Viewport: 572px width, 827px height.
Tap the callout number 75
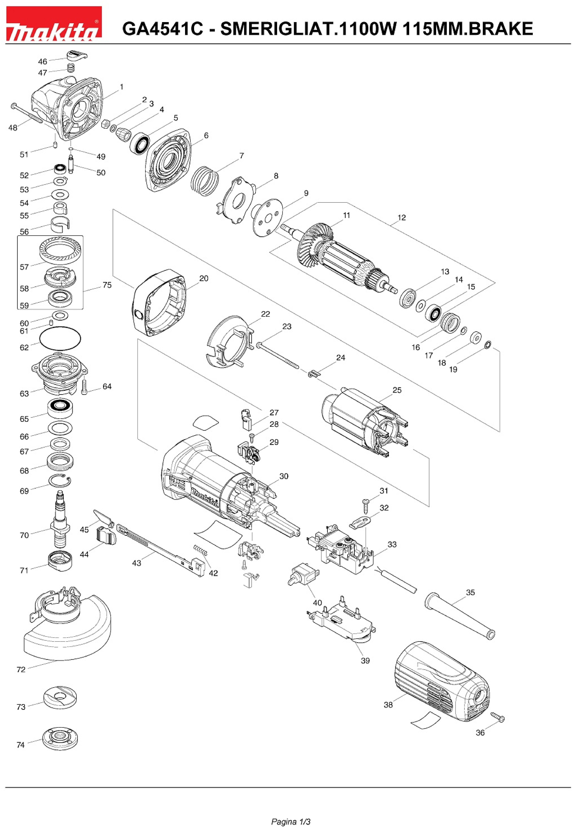pos(107,285)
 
